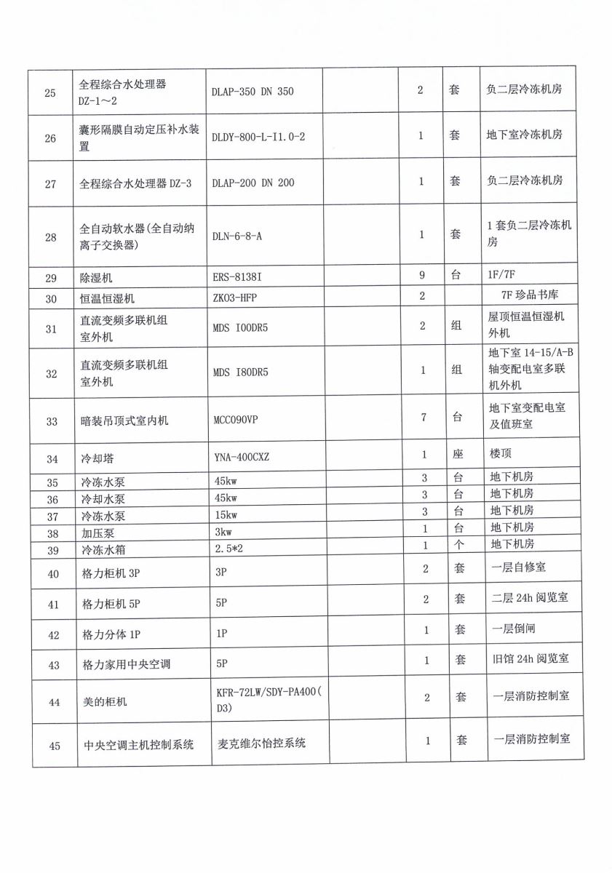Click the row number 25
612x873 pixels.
50,92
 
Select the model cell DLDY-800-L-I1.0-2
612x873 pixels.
258,137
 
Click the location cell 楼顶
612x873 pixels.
501,453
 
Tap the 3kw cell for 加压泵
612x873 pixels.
223,531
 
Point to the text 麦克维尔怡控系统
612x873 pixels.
262,743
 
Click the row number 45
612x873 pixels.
54,744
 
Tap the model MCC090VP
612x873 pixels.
239,420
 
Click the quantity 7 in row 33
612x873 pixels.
422,416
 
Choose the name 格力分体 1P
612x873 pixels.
111,634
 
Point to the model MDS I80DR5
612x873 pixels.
241,372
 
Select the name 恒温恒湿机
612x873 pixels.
107,298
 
